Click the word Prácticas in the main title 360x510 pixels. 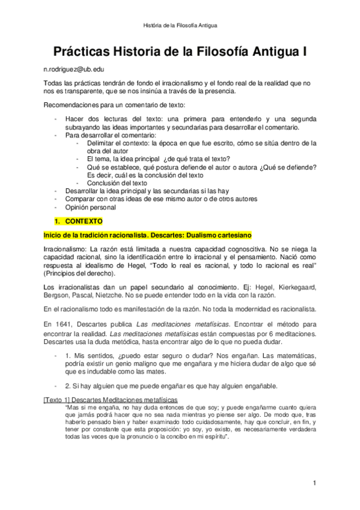coord(87,52)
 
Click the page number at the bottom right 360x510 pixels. coord(314,482)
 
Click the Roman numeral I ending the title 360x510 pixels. coord(304,52)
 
